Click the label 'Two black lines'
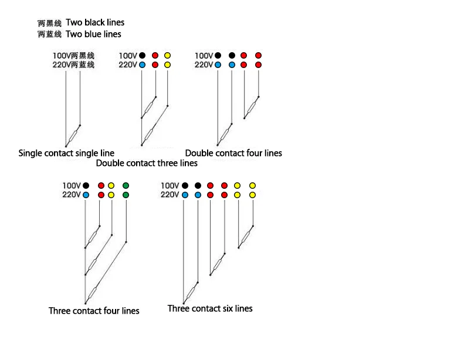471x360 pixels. point(95,22)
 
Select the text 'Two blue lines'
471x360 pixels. point(93,34)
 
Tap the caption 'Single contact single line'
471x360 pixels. point(66,153)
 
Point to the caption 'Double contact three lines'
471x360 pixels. point(147,163)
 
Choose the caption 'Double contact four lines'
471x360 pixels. point(233,153)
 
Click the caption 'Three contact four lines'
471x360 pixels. point(94,311)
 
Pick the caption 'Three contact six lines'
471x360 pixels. point(210,308)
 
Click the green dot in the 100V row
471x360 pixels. point(126,185)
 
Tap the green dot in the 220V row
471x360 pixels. point(126,195)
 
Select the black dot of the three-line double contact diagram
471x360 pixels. point(142,55)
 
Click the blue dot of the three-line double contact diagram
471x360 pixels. point(142,65)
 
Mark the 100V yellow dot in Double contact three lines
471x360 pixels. point(168,55)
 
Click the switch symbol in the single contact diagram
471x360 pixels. point(73,135)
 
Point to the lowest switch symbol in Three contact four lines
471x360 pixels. point(92,293)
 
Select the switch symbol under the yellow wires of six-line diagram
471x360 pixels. point(246,237)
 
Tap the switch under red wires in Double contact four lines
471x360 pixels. point(252,107)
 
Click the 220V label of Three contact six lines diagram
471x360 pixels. point(170,195)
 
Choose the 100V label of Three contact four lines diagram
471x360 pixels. point(72,185)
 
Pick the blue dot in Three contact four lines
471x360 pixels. point(86,195)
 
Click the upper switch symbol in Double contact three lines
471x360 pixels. point(148,107)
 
